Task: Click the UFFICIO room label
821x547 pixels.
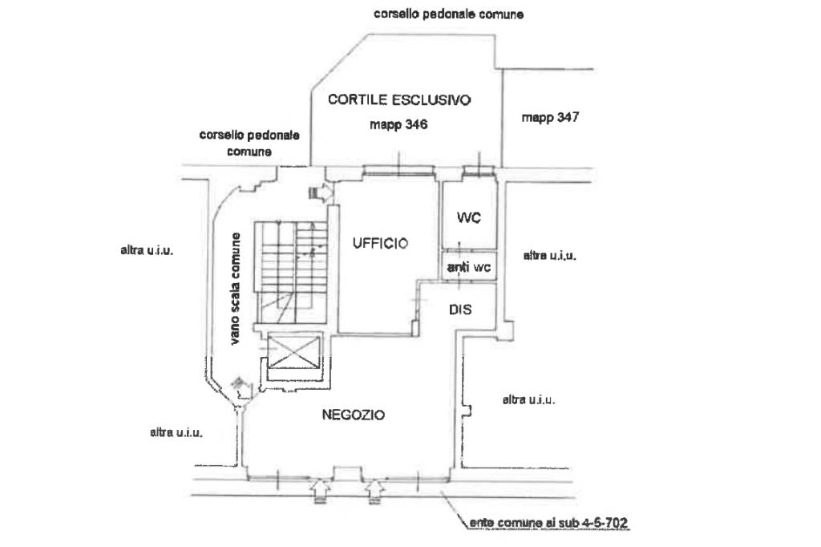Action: tap(380, 243)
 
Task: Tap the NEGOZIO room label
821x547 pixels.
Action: tap(354, 415)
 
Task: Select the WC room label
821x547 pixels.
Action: tap(468, 217)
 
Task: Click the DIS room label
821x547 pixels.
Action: tap(460, 310)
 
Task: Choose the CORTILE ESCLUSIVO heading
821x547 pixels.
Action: tap(399, 100)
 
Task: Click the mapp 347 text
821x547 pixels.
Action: tap(550, 117)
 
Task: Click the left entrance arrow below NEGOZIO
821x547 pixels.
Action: tap(318, 487)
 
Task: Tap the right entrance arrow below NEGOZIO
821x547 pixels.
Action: tap(374, 487)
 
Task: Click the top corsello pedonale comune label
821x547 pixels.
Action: tap(449, 14)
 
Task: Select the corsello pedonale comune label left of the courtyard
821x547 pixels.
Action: tap(249, 143)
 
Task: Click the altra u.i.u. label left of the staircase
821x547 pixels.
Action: tap(147, 250)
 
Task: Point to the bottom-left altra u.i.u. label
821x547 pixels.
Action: tap(176, 432)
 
